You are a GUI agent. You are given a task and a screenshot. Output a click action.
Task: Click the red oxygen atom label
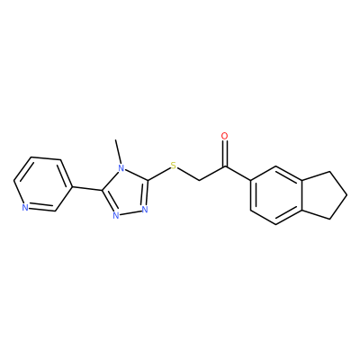coord(224,136)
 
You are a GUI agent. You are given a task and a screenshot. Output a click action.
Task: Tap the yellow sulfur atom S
coord(173,166)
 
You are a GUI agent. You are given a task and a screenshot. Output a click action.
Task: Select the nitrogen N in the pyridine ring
coord(25,208)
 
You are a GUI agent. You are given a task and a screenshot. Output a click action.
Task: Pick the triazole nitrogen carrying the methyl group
coord(121,168)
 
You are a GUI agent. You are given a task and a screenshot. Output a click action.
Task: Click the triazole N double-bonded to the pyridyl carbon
coord(116,215)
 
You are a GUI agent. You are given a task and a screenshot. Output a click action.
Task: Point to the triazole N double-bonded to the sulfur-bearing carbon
coord(145,209)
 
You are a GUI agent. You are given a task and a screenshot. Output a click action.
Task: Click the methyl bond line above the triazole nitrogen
coord(118,151)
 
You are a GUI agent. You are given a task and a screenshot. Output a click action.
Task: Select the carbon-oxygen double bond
coord(224,153)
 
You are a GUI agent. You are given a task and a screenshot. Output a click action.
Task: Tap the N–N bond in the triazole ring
coord(130,212)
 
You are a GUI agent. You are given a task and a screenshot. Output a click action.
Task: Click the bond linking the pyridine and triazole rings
coord(87,189)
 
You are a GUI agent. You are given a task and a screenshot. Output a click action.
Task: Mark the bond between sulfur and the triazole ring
coord(158,174)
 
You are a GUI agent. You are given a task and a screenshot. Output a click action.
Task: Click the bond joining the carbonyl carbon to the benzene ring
coord(238,173)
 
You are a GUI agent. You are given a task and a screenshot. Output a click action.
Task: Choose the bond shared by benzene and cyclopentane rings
coord(301,195)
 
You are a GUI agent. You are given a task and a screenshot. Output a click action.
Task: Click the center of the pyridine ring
coord(43,184)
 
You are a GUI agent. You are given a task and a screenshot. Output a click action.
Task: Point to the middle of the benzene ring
coord(276,195)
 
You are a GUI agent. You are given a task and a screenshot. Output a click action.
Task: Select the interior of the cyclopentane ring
coord(321,195)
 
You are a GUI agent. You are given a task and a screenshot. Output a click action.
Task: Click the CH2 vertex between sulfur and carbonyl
coord(199,181)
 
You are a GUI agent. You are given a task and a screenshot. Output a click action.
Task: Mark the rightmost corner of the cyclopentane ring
coord(347,195)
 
